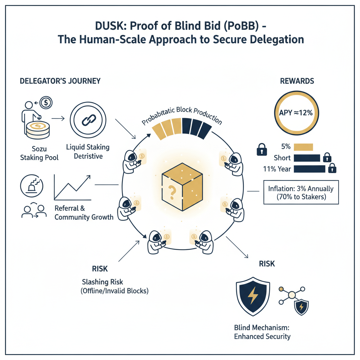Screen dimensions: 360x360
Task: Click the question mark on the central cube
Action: [172, 192]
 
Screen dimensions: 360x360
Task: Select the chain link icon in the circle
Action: [86, 120]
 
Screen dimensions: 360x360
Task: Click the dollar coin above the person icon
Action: [46, 103]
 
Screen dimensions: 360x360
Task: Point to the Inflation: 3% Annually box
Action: [301, 193]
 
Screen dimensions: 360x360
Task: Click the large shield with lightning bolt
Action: [252, 296]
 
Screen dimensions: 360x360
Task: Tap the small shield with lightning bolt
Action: [301, 307]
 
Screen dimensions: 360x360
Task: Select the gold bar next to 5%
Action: [303, 147]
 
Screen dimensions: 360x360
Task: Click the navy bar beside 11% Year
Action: [309, 169]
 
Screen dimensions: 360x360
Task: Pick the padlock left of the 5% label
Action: [262, 150]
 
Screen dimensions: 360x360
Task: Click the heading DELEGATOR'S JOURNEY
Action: [60, 81]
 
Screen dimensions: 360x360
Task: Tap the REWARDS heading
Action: [297, 81]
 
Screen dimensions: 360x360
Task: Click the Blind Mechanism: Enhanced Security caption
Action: [262, 332]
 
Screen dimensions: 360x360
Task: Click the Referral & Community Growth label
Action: [84, 213]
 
